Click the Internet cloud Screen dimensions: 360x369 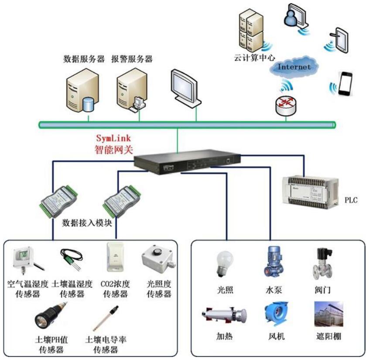coord(294,67)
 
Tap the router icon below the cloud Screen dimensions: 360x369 coord(286,104)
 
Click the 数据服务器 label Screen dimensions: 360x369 coord(84,58)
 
